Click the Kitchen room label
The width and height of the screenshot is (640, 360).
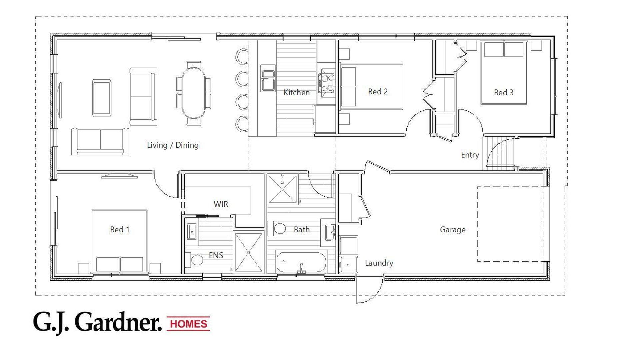pos(296,93)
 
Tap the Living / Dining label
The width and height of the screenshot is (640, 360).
pos(173,145)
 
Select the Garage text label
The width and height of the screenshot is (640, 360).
pos(453,230)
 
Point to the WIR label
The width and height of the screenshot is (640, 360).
pos(221,204)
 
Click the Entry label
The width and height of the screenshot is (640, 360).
pos(470,155)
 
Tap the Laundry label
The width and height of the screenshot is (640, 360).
pos(379,263)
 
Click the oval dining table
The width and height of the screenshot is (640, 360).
pos(194,93)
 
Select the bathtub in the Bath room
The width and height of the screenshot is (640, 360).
pos(301,262)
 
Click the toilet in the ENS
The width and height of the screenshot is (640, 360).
pos(194,260)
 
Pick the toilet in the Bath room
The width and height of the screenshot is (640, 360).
pos(278,229)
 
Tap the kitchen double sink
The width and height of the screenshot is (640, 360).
pos(268,80)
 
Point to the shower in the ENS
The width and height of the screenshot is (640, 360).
pos(249,252)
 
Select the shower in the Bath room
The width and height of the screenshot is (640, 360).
pos(283,189)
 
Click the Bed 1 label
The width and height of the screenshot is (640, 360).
pos(120,229)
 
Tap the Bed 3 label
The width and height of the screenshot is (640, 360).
pos(504,92)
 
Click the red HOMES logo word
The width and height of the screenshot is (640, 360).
pos(189,324)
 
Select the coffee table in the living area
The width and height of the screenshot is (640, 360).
pos(102,98)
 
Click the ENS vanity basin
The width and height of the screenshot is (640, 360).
pos(192,231)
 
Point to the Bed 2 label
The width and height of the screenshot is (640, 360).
pos(378,92)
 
